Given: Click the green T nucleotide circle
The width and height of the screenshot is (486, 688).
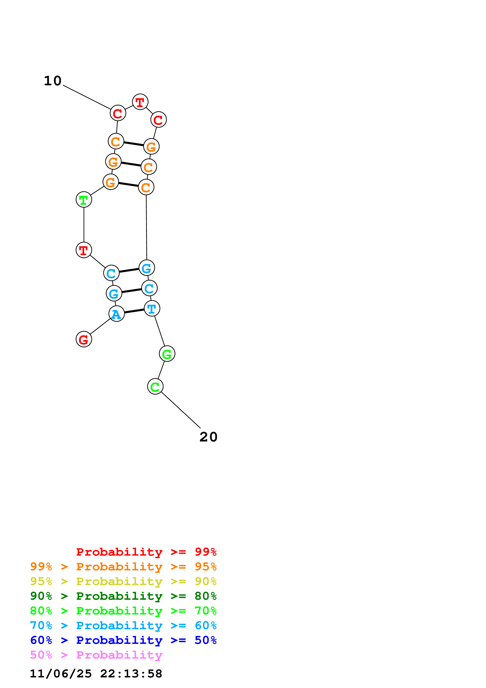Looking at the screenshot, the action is coord(84,200).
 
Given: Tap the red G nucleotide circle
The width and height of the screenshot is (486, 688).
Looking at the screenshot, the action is coord(84,339).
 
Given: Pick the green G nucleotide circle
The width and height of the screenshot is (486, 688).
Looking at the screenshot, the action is coord(167,354).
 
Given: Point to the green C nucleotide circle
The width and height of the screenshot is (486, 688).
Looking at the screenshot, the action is coord(155,387).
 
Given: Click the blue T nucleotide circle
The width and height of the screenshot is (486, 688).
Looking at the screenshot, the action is coord(152,308).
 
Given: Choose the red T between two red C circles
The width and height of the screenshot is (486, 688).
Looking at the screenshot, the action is coord(140,102).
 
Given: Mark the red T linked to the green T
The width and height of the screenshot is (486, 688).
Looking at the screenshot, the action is coord(84,250).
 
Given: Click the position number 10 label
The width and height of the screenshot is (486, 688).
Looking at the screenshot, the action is coord(53,81).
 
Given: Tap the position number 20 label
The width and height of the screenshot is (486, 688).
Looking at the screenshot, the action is coord(208,437).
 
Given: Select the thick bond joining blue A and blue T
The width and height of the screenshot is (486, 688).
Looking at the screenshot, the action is coord(134,311).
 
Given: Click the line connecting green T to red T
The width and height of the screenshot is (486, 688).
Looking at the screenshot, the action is coord(84,225).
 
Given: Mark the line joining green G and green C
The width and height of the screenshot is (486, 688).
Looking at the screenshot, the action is coord(161,370).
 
